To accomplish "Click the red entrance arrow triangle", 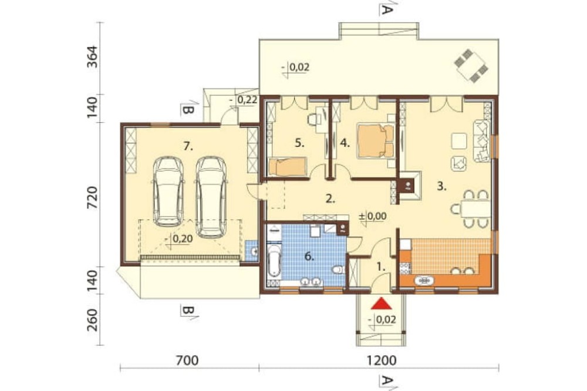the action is pyautogui.click(x=381, y=304).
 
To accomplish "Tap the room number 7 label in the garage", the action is pyautogui.click(x=188, y=147).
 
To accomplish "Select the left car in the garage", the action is pyautogui.click(x=169, y=192).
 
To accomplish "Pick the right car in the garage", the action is pyautogui.click(x=211, y=197).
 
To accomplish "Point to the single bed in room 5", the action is pyautogui.click(x=288, y=166).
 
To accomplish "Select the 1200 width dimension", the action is pyautogui.click(x=381, y=360).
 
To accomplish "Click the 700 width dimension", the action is pyautogui.click(x=187, y=360).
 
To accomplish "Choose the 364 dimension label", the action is pyautogui.click(x=92, y=56).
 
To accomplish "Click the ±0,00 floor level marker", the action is pyautogui.click(x=373, y=216).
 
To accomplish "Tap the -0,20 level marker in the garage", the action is pyautogui.click(x=179, y=238).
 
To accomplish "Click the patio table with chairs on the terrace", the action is pyautogui.click(x=472, y=66).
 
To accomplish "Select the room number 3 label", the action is pyautogui.click(x=442, y=186).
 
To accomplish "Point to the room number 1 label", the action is pyautogui.click(x=380, y=267).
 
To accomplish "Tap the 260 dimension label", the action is pyautogui.click(x=92, y=319).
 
